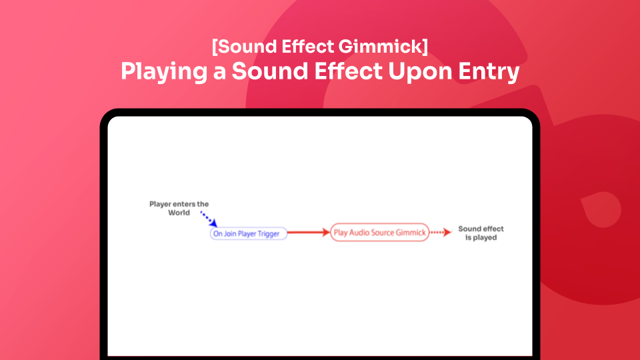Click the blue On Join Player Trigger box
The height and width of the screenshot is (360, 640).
tap(249, 234)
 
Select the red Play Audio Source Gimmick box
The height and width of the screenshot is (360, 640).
tap(379, 233)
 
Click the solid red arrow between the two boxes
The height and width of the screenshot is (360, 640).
tap(309, 233)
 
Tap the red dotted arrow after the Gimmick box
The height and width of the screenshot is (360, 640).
tap(439, 233)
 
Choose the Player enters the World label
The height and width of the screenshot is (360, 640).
tap(179, 208)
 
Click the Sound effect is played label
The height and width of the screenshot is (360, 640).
tap(481, 233)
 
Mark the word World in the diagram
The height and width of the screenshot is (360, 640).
tap(179, 213)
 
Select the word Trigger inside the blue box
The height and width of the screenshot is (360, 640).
tap(269, 234)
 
